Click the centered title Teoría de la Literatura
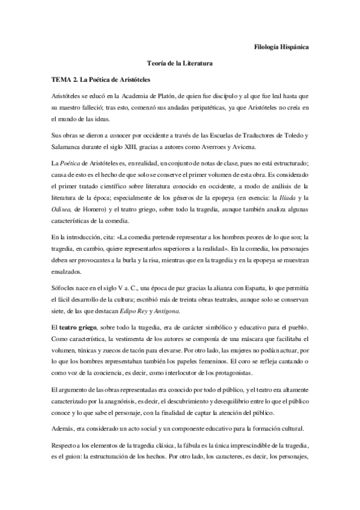(180, 63)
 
